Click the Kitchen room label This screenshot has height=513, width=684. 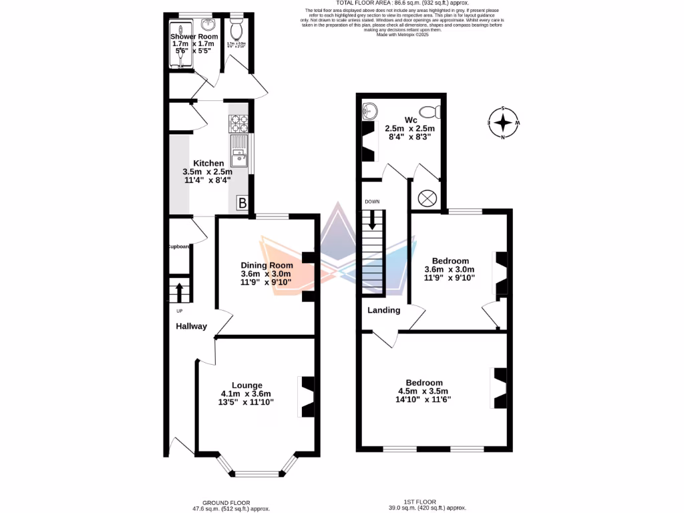point(208,163)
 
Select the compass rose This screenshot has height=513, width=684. point(504,124)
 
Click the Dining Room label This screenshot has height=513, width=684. point(267,265)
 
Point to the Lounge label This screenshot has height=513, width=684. point(246,385)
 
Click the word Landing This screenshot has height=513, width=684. point(384,310)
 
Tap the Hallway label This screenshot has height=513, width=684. point(191,327)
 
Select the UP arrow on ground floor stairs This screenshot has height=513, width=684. point(179,292)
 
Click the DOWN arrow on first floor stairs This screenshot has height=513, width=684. point(372,221)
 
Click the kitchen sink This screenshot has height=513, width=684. point(238,156)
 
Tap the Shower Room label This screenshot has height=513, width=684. point(194,37)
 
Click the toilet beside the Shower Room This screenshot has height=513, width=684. point(236,30)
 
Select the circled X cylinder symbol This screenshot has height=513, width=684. point(427,198)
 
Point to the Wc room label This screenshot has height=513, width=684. point(411,120)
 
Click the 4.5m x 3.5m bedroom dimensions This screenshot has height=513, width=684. point(423,391)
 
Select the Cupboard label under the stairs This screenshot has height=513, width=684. point(179,246)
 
